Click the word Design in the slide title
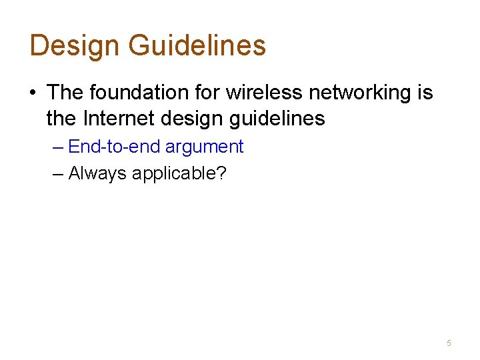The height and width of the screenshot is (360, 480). pos(74,45)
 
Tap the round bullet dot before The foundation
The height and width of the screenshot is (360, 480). pos(33,93)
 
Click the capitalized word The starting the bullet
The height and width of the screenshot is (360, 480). pos(65,92)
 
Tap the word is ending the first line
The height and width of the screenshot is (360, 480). pos(425,92)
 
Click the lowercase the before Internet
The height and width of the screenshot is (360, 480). pos(62,119)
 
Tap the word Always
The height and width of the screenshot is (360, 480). pos(97,174)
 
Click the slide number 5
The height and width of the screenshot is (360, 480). pos(449,343)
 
